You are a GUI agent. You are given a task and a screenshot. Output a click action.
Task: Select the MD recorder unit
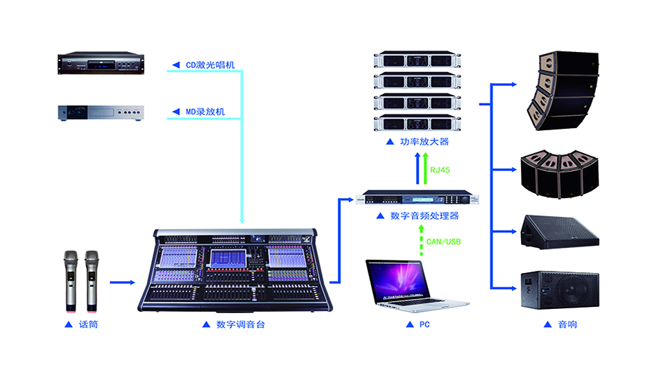pyautogui.click(x=100, y=112)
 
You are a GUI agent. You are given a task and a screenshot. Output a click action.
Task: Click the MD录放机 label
pyautogui.click(x=205, y=112)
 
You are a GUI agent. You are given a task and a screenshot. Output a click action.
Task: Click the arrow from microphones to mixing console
pyautogui.click(x=122, y=282)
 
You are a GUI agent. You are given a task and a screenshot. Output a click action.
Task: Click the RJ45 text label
pyautogui.click(x=441, y=169)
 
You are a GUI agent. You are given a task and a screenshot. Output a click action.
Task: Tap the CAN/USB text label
pyautogui.click(x=442, y=242)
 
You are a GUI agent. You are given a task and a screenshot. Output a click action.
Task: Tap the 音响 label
pyautogui.click(x=567, y=324)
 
